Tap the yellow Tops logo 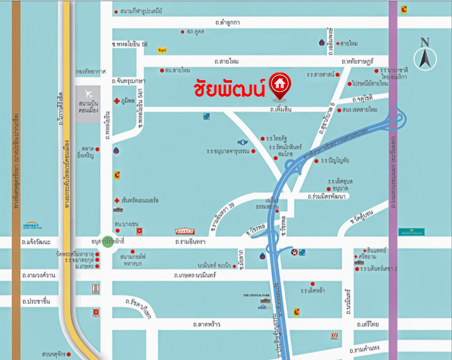click(x=162, y=49)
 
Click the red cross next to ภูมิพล click(x=116, y=100)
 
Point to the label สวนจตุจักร click(x=55, y=354)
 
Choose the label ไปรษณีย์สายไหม click(x=370, y=83)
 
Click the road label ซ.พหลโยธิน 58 click(x=130, y=44)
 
